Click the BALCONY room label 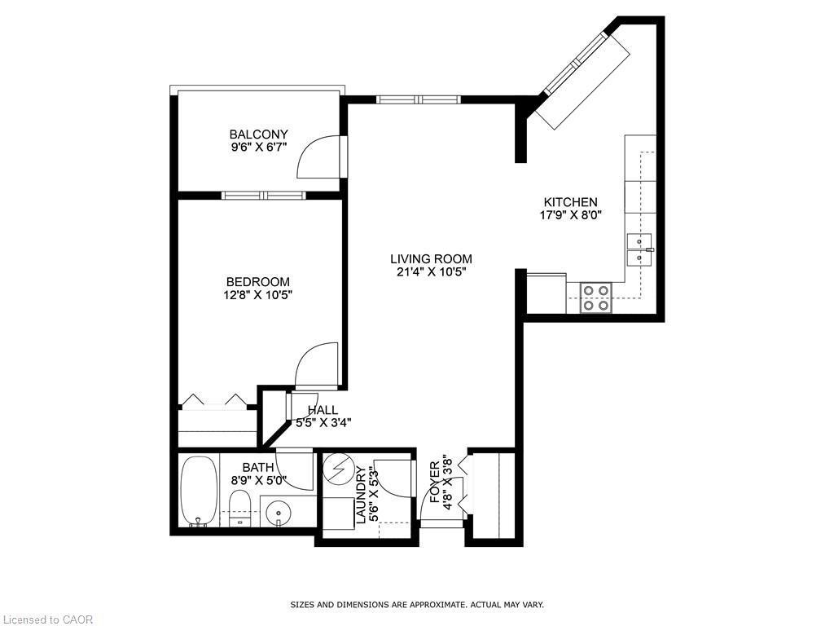[258, 134]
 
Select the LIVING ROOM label [430, 259]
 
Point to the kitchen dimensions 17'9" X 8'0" [570, 216]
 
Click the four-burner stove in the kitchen [596, 298]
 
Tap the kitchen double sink [639, 249]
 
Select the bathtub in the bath [198, 491]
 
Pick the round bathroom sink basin [279, 514]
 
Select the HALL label [323, 410]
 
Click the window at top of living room [419, 99]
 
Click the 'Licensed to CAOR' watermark [47, 619]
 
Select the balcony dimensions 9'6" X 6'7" [258, 148]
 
